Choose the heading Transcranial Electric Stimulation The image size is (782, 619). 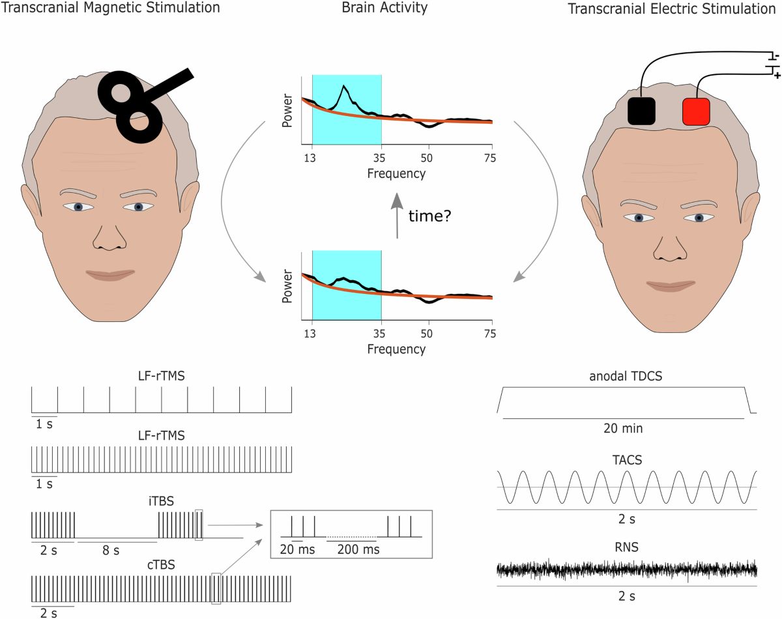674,9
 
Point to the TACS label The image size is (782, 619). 626,460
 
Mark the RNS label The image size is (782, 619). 626,547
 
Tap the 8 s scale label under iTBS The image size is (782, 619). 111,551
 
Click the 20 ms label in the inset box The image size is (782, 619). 297,549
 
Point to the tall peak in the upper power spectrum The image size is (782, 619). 344,87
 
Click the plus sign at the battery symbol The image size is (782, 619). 776,76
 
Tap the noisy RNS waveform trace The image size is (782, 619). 626,570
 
